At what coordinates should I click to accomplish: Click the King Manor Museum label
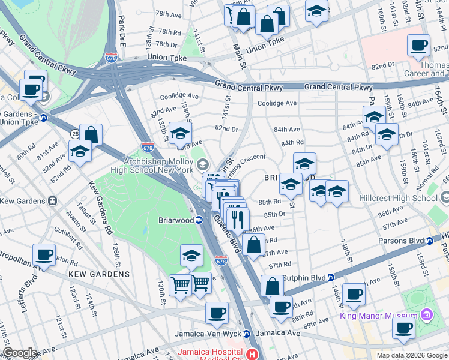(379, 316)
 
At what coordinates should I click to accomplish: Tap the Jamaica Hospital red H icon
(253, 353)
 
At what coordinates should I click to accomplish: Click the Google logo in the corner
(20, 353)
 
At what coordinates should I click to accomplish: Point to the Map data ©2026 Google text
(412, 355)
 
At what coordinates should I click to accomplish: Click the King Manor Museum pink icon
(427, 314)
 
